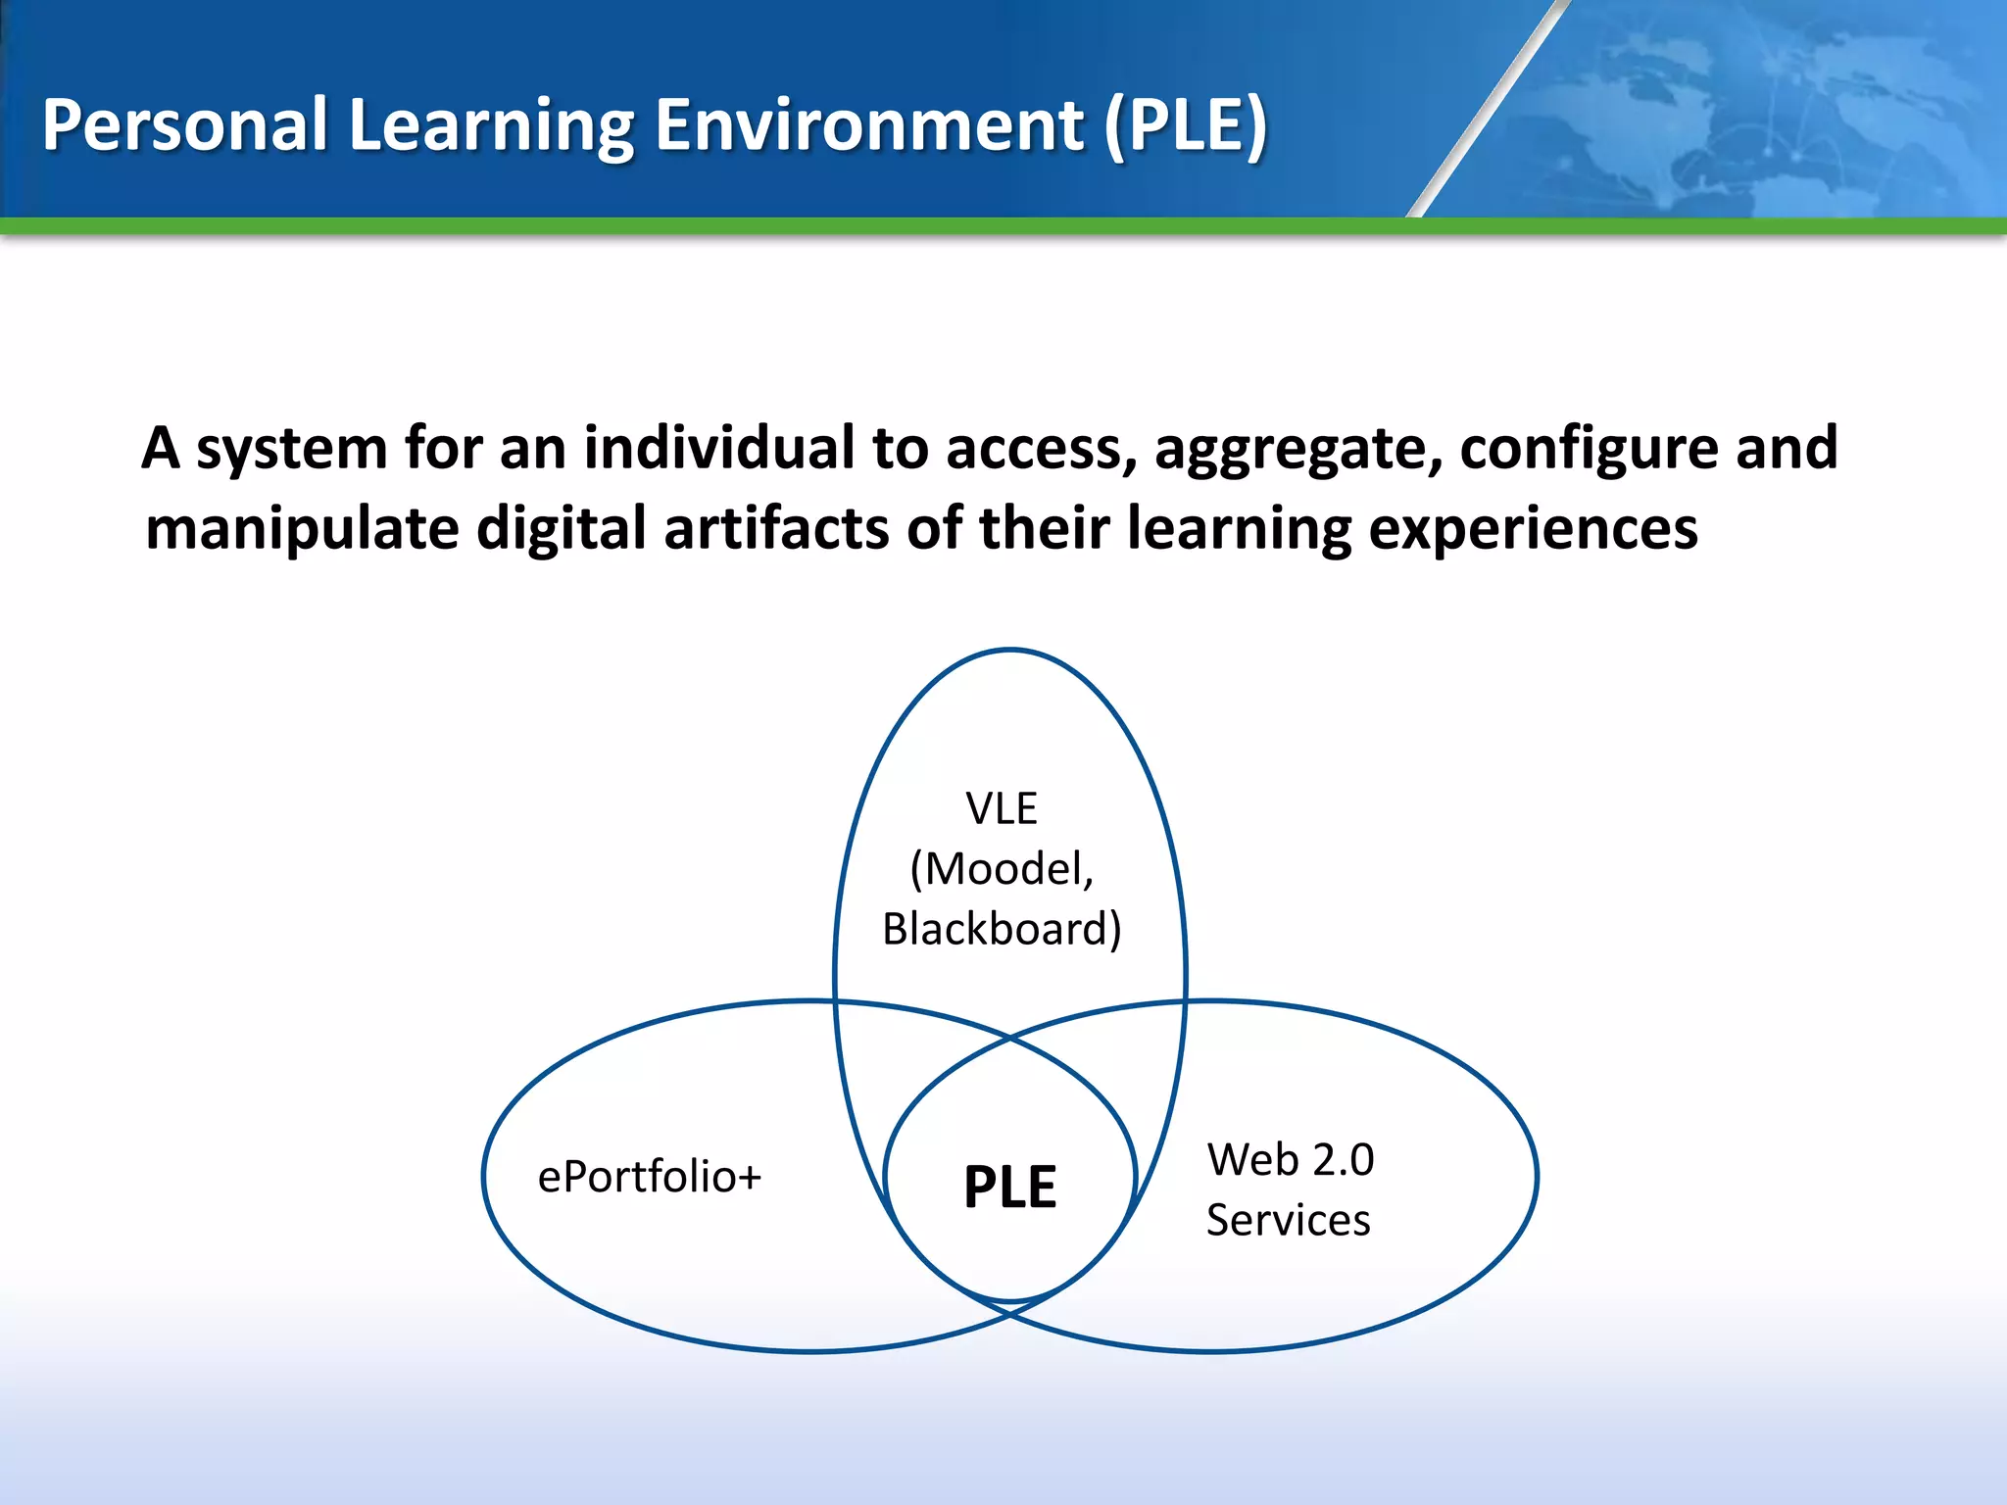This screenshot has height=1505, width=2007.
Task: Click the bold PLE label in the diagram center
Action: click(x=1009, y=1187)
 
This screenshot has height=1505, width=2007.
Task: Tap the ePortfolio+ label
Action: click(x=649, y=1176)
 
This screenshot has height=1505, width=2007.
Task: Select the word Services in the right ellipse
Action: click(x=1288, y=1220)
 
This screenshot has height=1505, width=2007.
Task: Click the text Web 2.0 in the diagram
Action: click(x=1291, y=1159)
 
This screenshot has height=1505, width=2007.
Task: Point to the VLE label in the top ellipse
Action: click(x=1001, y=808)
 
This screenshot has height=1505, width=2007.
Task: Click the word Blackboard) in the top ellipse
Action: click(x=1002, y=929)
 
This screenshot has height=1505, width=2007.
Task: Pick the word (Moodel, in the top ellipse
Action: click(x=1002, y=868)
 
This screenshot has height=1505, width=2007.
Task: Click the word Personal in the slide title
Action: click(x=184, y=125)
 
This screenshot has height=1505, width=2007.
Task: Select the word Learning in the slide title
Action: click(x=491, y=125)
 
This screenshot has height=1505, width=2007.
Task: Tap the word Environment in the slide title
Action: click(x=869, y=125)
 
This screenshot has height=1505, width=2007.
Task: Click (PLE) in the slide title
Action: click(x=1186, y=125)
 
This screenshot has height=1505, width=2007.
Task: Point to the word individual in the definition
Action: click(x=719, y=448)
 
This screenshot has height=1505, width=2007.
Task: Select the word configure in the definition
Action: click(x=1589, y=450)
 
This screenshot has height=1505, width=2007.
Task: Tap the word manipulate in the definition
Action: click(x=302, y=530)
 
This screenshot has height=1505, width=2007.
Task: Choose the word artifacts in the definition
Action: click(x=776, y=528)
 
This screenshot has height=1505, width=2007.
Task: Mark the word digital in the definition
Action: click(x=561, y=530)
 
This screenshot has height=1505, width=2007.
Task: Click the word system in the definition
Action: click(x=292, y=450)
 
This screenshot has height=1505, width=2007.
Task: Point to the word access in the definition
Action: click(x=1040, y=450)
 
